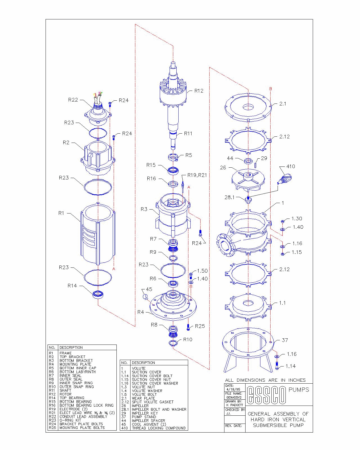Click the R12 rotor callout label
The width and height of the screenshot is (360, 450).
(199, 91)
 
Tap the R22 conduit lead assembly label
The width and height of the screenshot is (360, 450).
(73, 100)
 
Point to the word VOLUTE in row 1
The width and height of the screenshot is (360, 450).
(139, 368)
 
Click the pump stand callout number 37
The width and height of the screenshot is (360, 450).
(285, 340)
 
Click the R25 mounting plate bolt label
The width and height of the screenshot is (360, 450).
(200, 326)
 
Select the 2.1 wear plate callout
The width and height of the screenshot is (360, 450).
(283, 104)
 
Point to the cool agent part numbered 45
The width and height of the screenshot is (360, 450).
(145, 297)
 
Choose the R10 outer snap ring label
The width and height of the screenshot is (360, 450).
(188, 339)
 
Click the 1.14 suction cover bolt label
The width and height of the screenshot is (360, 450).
(291, 366)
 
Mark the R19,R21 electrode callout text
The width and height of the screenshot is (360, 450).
(197, 175)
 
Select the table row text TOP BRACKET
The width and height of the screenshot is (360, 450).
(72, 357)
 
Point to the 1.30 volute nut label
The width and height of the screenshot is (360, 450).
(297, 219)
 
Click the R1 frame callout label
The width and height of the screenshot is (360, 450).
(61, 213)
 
